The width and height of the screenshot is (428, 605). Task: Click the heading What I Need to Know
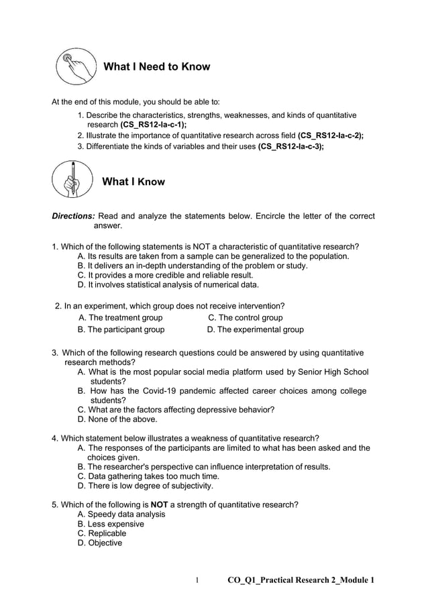click(x=156, y=66)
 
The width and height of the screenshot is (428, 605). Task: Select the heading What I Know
click(x=133, y=182)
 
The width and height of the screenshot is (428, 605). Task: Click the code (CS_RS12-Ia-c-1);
click(x=153, y=125)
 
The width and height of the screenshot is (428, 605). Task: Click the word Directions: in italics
click(x=74, y=216)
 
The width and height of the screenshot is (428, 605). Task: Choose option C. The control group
click(x=245, y=318)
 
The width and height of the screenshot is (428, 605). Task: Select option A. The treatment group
click(x=120, y=318)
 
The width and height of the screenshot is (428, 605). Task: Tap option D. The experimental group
click(x=255, y=329)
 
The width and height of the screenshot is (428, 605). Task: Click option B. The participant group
click(x=121, y=329)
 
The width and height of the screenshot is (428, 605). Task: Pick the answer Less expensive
click(x=111, y=524)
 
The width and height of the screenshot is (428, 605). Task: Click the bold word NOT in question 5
click(x=160, y=504)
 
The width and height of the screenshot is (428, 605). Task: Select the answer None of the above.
click(x=117, y=419)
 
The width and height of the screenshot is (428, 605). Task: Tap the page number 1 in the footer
click(x=197, y=580)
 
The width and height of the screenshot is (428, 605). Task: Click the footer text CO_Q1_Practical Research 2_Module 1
click(x=301, y=580)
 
